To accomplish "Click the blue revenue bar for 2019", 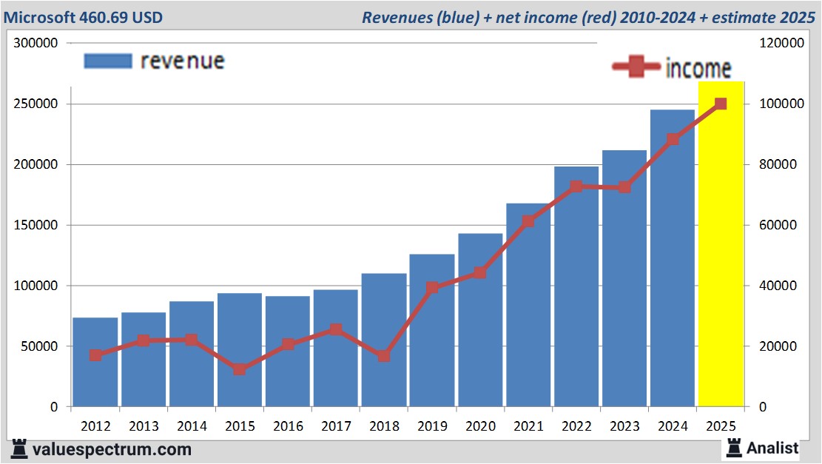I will coord(432,333).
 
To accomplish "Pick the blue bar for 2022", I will coord(576,296).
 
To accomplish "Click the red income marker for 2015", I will coord(240,369).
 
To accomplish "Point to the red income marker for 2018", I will coord(384,356).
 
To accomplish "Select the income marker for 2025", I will coord(721,104).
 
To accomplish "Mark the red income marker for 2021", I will coord(528,221).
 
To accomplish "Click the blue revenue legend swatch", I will coord(107,61).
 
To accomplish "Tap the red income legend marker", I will coord(637,67).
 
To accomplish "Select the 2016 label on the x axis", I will coord(288,426).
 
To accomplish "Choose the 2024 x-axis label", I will coord(673,426).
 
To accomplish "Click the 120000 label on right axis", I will coord(783,44).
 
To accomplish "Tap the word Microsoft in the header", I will coord(41,17).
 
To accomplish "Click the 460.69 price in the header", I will coord(107,17).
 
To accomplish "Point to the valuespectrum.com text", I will coord(111,449).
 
